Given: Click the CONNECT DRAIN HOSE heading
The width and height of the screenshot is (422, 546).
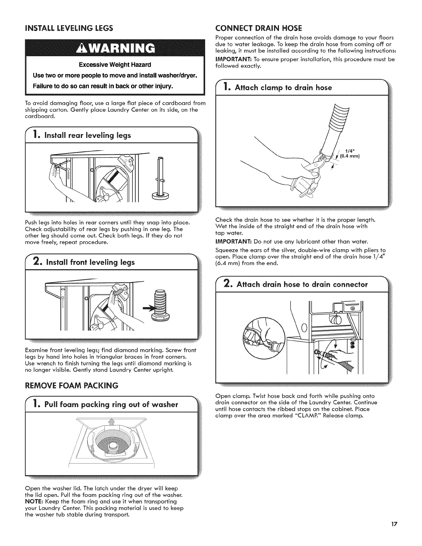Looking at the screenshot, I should point(259,28).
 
